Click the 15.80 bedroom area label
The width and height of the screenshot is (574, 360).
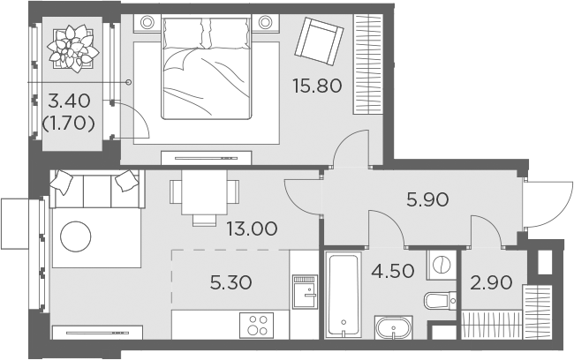point(317,86)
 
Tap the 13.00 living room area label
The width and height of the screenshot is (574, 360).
point(252,229)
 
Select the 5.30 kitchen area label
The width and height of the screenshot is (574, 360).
point(230,283)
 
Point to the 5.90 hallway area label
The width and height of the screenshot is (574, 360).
point(427,199)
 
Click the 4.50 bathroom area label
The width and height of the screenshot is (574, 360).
point(393,271)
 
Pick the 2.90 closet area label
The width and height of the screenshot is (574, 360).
point(491,283)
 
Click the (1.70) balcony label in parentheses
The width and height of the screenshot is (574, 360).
point(69,124)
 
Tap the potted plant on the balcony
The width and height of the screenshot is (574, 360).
point(73,49)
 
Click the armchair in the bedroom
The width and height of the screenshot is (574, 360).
point(319,41)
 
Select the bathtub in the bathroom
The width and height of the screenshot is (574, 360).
point(343,295)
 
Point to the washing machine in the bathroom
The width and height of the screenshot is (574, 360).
point(442,265)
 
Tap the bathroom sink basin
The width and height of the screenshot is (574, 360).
point(394,327)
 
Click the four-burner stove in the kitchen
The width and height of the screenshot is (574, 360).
point(257,326)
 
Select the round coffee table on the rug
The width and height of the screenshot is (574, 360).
point(75,236)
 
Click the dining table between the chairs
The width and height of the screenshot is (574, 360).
point(204,192)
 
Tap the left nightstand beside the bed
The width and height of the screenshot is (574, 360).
point(147,22)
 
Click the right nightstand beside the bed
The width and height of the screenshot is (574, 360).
point(265,22)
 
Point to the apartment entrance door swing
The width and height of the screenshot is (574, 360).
point(548,205)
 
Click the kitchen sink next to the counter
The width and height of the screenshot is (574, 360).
point(305,291)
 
